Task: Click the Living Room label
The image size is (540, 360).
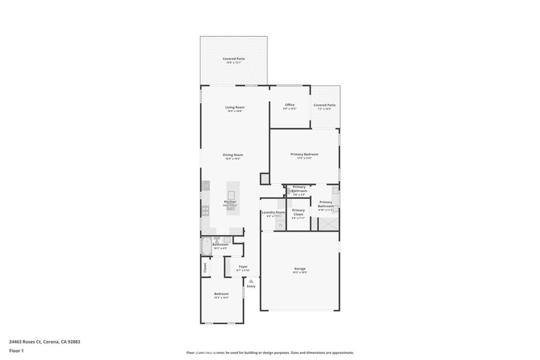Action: click(x=235, y=108)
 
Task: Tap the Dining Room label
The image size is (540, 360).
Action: click(x=233, y=155)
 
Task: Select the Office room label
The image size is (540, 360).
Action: click(x=290, y=105)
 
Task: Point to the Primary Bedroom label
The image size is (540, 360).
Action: click(x=304, y=154)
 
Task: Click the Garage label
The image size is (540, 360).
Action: click(x=300, y=269)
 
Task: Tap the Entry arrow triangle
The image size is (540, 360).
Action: click(x=251, y=281)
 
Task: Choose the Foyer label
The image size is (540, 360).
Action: click(x=243, y=267)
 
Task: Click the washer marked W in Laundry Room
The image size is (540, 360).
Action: click(x=280, y=225)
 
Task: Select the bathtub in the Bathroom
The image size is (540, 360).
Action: click(x=206, y=247)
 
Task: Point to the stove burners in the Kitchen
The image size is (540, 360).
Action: click(x=206, y=210)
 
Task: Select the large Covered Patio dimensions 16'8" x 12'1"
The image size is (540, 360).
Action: click(x=233, y=63)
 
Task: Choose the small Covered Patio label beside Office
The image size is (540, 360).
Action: click(x=324, y=105)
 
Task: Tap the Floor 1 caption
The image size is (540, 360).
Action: click(x=16, y=351)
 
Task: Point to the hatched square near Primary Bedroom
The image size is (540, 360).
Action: click(x=265, y=179)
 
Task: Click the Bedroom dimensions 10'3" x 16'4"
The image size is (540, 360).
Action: click(x=221, y=298)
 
